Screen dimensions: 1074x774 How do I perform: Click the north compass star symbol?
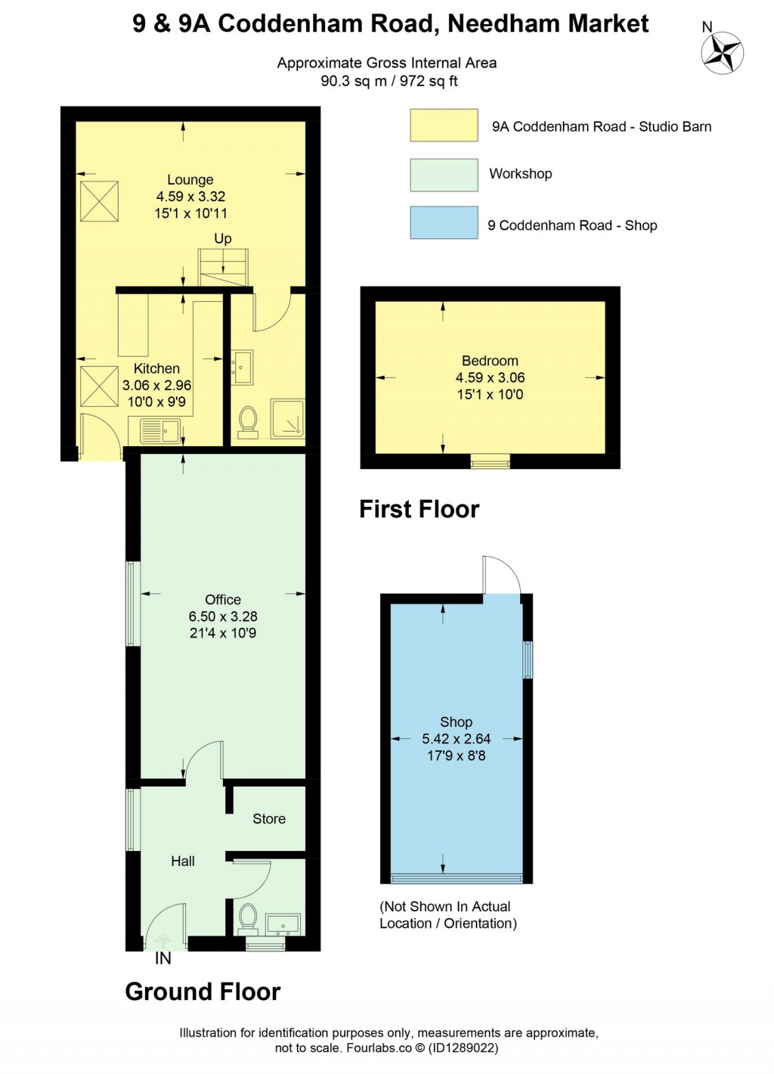[x=723, y=53]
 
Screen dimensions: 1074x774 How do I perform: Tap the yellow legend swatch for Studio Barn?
[x=444, y=126]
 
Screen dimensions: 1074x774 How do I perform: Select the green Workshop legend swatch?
[x=444, y=175]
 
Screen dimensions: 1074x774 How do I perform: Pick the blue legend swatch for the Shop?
[x=444, y=223]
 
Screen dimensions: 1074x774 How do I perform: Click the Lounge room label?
[x=190, y=180]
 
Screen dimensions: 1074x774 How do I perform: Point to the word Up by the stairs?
[x=222, y=239]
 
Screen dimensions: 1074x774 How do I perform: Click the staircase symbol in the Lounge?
[x=223, y=268]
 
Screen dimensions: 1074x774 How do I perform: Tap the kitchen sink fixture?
[x=160, y=431]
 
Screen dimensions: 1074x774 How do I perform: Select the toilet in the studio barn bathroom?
[x=248, y=421]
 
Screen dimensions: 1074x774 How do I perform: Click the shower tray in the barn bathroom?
[x=288, y=419]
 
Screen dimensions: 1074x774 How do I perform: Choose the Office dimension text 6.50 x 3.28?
[x=223, y=616]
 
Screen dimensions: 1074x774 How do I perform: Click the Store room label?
[x=269, y=819]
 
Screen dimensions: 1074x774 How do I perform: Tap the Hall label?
[x=183, y=861]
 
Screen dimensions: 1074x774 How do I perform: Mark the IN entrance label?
[x=163, y=959]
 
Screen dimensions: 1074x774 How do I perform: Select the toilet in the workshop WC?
[x=248, y=918]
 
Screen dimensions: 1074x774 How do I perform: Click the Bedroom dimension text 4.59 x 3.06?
[x=490, y=377]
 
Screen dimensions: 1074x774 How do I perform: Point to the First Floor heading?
[x=419, y=509]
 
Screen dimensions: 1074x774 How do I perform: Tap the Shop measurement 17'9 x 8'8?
[x=457, y=756]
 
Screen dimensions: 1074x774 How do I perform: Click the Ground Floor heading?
[x=203, y=992]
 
